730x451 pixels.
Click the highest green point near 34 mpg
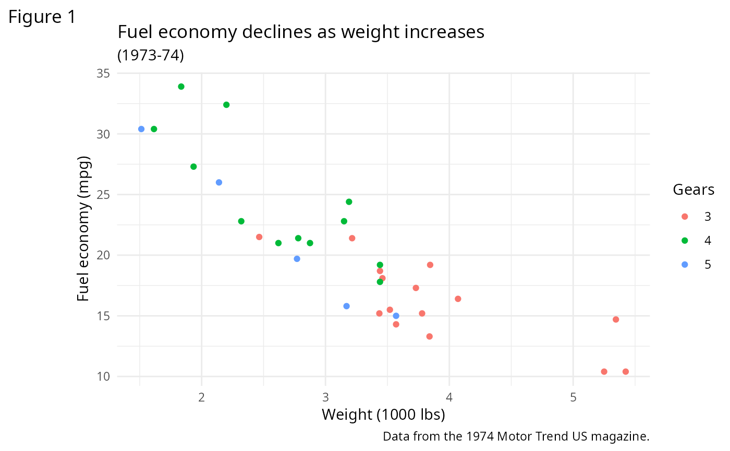coord(181,86)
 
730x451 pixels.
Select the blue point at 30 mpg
coord(141,129)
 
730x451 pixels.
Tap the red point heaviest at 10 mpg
coord(625,372)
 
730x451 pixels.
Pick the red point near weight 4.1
coord(458,299)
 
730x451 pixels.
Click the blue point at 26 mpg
coord(219,182)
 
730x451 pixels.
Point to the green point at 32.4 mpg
coord(226,105)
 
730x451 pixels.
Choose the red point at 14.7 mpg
coord(616,319)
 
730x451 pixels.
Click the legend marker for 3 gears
coord(685,217)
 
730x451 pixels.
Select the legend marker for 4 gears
coord(685,241)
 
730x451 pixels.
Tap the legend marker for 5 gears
coord(685,265)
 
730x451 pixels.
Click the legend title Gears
coord(693,190)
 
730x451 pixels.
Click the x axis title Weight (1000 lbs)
coord(383,415)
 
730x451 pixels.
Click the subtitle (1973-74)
coord(151,55)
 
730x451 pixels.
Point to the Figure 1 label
coord(42,17)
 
